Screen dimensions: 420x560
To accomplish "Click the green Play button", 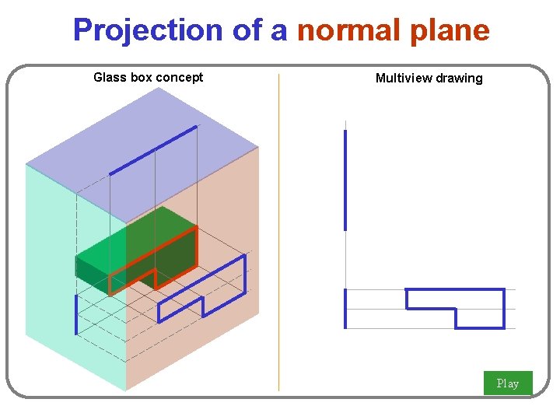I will point(508,383).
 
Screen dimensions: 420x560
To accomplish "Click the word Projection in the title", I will point(148,30).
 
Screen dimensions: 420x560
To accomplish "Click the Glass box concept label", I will point(148,77).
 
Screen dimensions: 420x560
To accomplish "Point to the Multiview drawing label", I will point(429,78).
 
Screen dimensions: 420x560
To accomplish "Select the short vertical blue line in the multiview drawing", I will point(345,309).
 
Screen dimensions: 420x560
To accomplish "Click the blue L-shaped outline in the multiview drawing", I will point(482,290).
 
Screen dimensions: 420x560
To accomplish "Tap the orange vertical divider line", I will point(278,233).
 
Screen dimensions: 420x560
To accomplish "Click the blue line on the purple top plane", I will point(153,150).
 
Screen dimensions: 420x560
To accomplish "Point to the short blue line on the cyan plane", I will point(76,314).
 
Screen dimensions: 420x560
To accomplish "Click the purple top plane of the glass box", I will point(140,132).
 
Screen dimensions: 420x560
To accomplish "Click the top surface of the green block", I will point(136,237).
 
